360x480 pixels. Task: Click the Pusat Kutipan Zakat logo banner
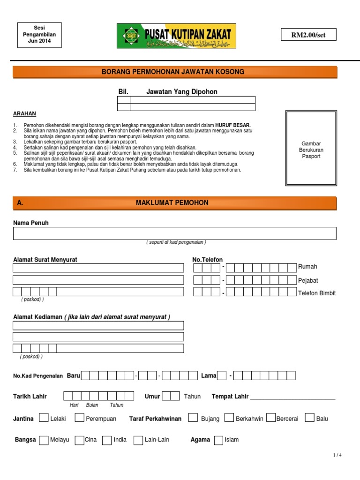tap(176, 36)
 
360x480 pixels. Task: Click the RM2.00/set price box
tap(308, 35)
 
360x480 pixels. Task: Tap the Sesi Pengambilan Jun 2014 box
tap(39, 35)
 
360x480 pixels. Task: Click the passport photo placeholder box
tap(311, 149)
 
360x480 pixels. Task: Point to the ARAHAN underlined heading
tap(24, 114)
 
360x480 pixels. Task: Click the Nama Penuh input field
tap(174, 233)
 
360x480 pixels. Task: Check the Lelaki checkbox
tap(43, 418)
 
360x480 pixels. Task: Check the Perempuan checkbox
tap(80, 418)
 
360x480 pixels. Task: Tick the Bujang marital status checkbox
tap(193, 418)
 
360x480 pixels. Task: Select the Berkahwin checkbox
tap(229, 418)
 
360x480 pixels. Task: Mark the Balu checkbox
tap(309, 418)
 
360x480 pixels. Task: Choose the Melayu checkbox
tap(43, 440)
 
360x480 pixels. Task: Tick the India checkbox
tap(107, 440)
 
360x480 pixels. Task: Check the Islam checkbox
tap(218, 440)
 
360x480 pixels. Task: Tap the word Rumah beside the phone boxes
tap(307, 267)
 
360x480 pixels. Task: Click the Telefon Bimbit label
tap(317, 293)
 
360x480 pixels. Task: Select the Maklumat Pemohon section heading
tap(172, 202)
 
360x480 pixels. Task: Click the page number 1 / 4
tap(337, 455)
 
